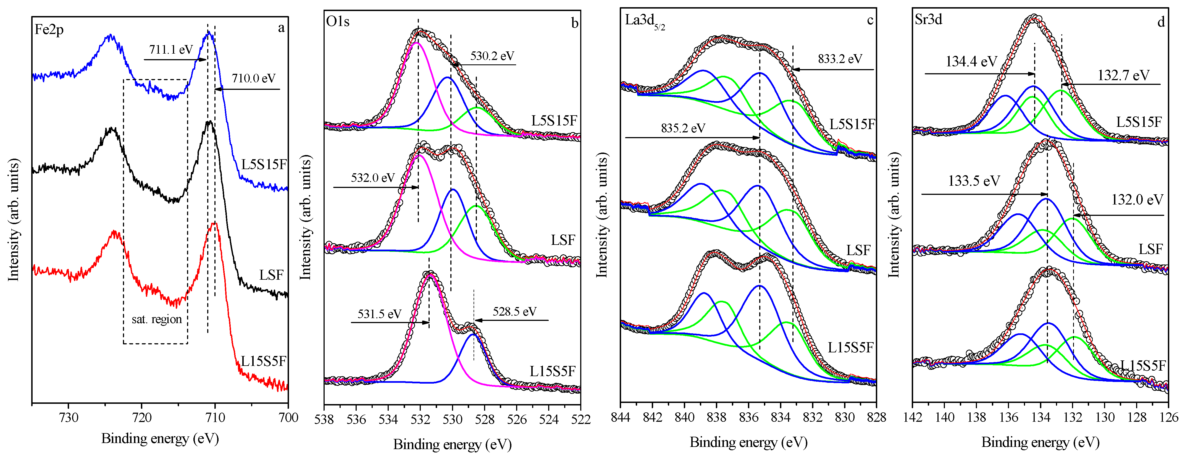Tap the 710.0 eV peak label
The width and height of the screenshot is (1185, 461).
point(253,78)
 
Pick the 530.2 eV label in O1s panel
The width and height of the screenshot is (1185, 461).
point(492,56)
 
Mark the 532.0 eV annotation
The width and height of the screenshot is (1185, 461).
point(373,178)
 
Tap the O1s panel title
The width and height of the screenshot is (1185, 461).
point(338,22)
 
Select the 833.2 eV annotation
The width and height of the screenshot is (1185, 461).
point(840,59)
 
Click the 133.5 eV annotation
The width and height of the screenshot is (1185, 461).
point(974,181)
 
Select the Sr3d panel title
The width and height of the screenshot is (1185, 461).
point(928,19)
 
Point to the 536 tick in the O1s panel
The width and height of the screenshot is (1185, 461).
point(356,420)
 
